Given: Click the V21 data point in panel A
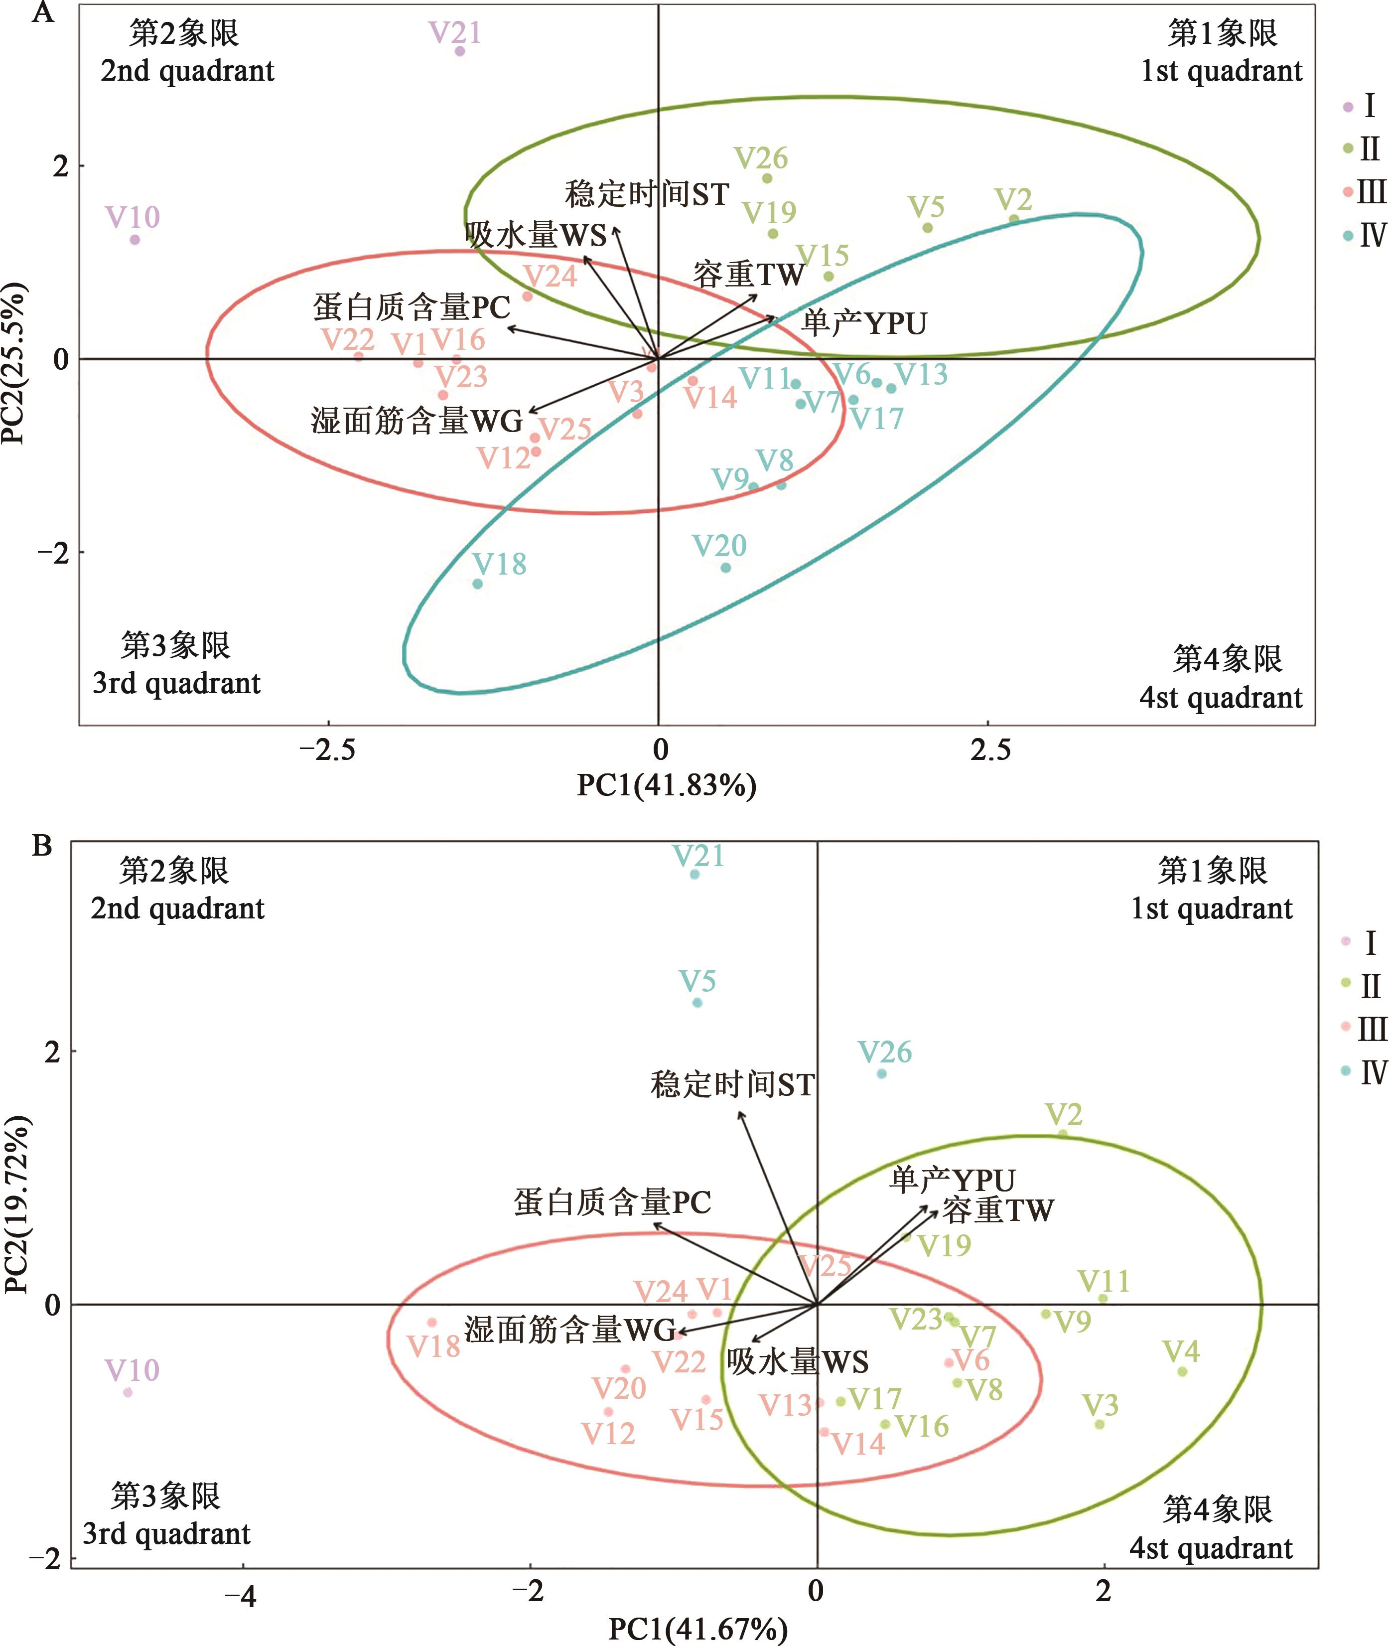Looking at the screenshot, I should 460,51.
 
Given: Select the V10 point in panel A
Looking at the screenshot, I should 135,239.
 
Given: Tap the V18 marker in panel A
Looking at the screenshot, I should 477,584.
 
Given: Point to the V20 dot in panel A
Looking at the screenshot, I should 725,568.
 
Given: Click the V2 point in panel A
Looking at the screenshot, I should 1014,220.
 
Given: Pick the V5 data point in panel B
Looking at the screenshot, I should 697,1003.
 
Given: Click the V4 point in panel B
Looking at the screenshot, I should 1182,1371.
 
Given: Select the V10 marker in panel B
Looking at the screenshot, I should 128,1392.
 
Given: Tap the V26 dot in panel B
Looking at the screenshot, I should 881,1073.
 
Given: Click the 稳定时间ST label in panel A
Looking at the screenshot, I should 647,194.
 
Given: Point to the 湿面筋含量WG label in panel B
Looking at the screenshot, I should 570,1330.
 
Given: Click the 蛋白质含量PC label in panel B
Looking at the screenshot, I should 613,1202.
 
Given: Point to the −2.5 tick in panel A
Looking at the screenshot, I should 327,750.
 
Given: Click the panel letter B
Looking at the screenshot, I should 42,846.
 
